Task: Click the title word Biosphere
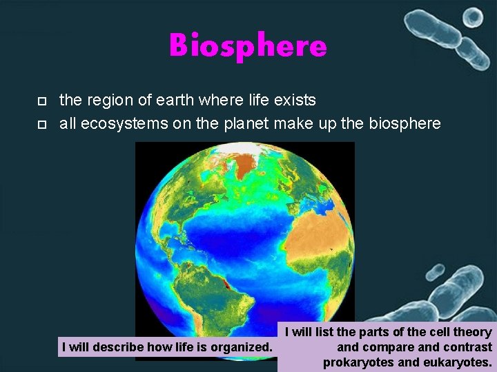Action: pos(248,46)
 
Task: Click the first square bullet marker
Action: pos(41,101)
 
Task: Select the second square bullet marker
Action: pos(41,125)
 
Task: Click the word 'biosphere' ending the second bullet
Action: pos(405,124)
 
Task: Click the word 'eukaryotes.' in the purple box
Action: pos(456,362)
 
